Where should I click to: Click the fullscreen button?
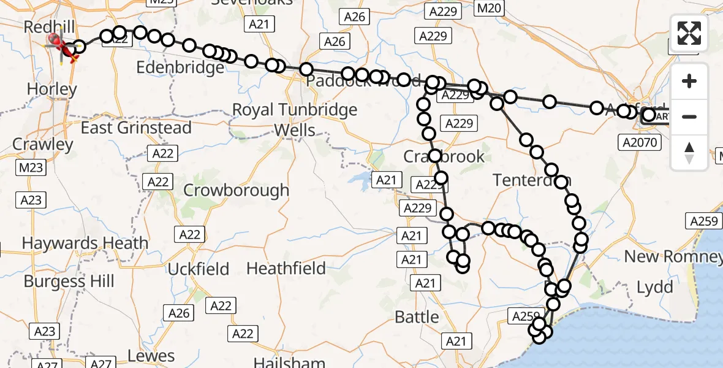coord(689,33)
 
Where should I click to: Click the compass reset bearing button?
coord(689,153)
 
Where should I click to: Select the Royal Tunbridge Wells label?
coord(295,120)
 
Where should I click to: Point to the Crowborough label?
coord(236,190)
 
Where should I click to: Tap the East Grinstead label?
coord(136,128)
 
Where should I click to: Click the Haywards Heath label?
coord(85,243)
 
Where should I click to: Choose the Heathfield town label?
coord(286,268)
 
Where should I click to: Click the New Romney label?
coord(673,256)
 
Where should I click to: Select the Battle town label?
coord(417,317)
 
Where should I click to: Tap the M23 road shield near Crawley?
coord(31,167)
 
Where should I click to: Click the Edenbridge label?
coord(180,67)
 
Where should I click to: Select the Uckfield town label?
coord(198,269)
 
